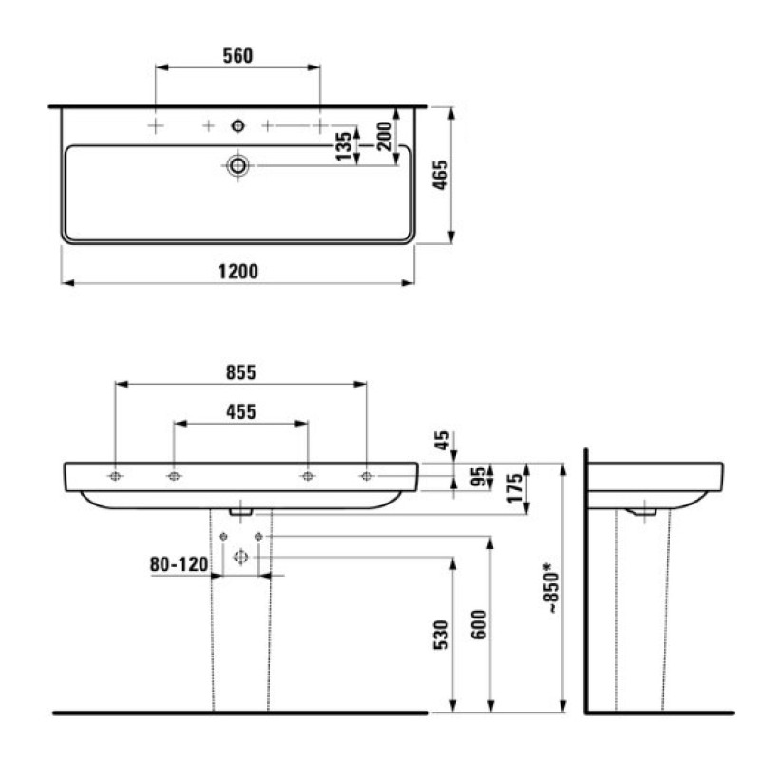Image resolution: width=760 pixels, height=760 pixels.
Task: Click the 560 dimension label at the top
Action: click(237, 56)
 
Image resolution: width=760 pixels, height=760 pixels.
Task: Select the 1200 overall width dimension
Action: click(238, 271)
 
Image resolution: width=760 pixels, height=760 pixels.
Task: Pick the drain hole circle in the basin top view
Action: click(237, 166)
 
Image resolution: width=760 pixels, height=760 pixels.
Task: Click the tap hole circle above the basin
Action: click(237, 124)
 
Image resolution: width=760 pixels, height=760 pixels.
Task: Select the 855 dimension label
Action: click(240, 372)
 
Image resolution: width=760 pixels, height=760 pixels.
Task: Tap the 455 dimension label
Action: click(240, 412)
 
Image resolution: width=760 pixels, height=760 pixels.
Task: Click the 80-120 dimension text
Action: click(179, 564)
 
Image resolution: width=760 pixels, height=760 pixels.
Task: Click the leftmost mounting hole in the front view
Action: click(115, 476)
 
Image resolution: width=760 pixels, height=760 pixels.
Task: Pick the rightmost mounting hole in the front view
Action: click(366, 476)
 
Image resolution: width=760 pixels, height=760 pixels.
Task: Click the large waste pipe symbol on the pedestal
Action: click(239, 558)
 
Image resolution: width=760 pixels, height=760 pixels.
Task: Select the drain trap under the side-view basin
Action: click(643, 512)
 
